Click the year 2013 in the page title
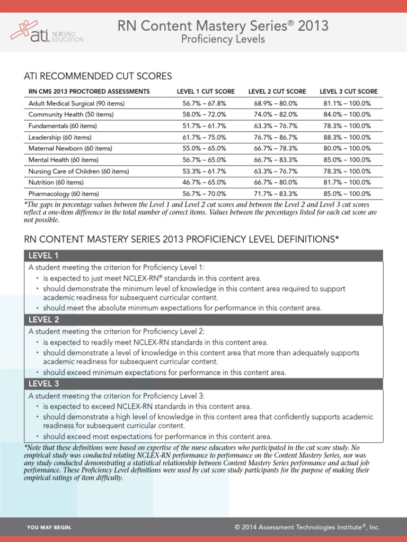pos(313,25)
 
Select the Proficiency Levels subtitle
pos(223,40)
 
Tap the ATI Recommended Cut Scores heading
pos(98,76)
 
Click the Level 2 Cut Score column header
pos(277,92)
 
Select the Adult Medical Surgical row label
pos(76,103)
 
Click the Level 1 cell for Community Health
pos(206,114)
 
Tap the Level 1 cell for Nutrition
pos(206,182)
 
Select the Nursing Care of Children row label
pos(78,171)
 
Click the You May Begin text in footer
pos(49,528)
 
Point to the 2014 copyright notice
pos(307,527)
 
